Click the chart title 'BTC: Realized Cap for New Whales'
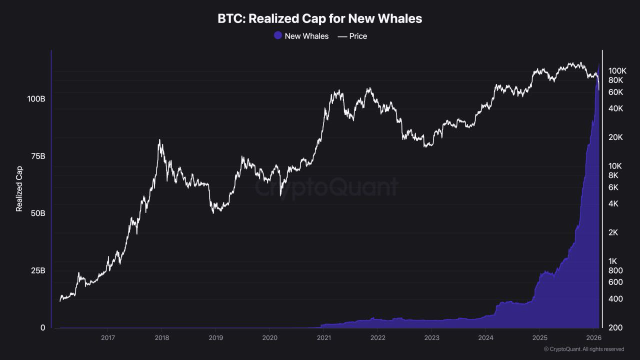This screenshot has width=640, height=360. [x=319, y=19]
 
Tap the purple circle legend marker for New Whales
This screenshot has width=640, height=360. [x=278, y=35]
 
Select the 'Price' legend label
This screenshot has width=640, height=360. [x=358, y=36]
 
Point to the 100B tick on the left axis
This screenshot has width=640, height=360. [x=36, y=99]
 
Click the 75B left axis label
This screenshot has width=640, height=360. [x=38, y=156]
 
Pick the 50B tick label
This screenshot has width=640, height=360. [x=38, y=213]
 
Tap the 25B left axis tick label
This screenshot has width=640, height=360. [x=38, y=270]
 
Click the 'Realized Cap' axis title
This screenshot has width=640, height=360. [x=19, y=189]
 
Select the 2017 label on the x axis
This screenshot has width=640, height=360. [x=108, y=337]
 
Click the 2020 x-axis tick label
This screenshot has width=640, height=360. [x=269, y=337]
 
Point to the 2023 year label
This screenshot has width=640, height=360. [x=431, y=337]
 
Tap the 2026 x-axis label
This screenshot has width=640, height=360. [x=593, y=337]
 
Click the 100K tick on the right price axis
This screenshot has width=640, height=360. [x=617, y=71]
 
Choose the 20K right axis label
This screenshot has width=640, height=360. [x=615, y=137]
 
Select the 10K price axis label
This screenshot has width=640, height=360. [x=615, y=166]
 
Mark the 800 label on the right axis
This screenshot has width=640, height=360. [x=615, y=270]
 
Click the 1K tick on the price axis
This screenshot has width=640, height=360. [x=612, y=261]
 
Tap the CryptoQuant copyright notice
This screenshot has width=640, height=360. [x=584, y=349]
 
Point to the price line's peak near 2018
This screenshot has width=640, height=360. [x=159, y=139]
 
